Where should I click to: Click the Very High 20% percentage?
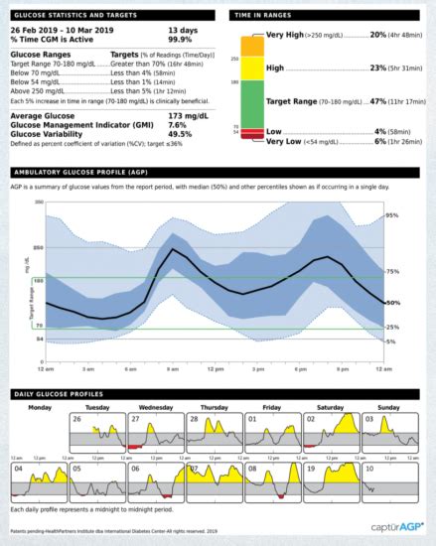coord(376,34)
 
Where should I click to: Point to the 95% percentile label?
coord(391,214)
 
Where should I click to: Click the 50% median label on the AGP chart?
coord(391,302)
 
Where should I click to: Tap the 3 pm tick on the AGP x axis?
coord(257,368)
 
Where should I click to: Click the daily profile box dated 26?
coord(92,434)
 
